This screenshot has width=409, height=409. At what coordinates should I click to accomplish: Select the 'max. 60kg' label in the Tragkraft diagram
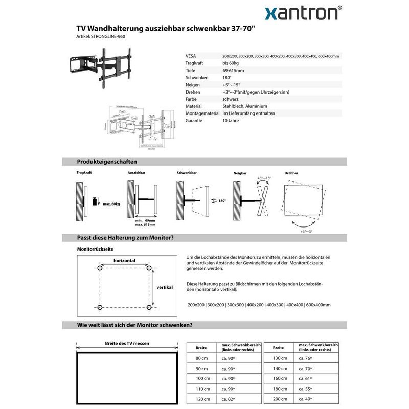coord(111,204)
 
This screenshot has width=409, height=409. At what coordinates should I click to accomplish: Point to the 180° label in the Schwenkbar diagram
coord(221,201)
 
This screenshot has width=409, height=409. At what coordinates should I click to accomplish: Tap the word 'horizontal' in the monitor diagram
coord(124,261)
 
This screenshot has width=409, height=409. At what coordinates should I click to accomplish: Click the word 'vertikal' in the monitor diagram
coord(165,287)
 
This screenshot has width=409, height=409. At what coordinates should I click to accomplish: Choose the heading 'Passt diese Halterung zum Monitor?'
coord(125,238)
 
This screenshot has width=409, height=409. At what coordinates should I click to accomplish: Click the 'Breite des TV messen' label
coord(127,344)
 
